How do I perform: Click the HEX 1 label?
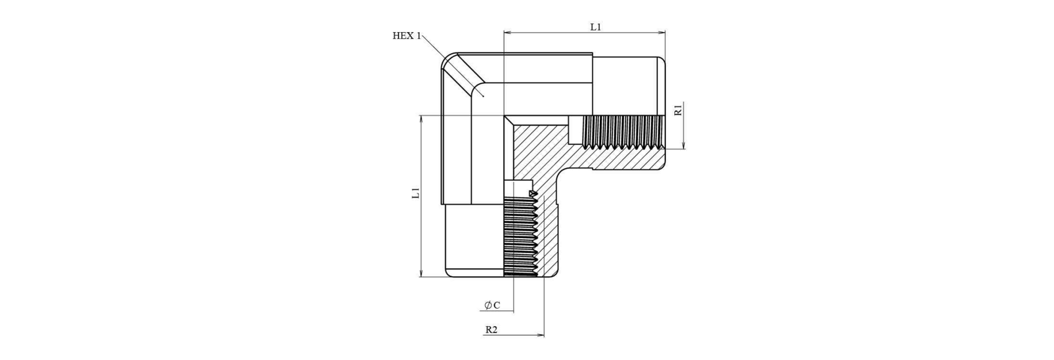406,36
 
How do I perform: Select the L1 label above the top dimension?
595,27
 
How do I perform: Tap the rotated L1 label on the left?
416,193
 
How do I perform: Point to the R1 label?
678,110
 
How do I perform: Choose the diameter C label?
492,305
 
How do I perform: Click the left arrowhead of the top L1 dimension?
507,32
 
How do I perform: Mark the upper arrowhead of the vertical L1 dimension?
421,118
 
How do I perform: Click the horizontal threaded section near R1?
622,132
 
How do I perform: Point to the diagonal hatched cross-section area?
544,152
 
